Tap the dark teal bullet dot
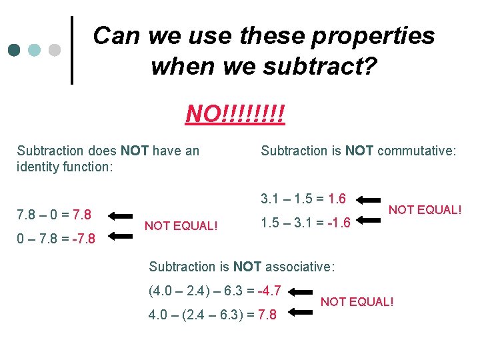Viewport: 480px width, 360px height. tap(15, 50)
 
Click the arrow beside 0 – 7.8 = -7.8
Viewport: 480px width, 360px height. tap(121, 235)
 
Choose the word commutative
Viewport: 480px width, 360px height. tap(416, 151)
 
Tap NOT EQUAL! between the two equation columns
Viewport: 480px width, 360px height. tap(181, 225)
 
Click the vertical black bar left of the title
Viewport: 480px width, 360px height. tap(72, 50)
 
